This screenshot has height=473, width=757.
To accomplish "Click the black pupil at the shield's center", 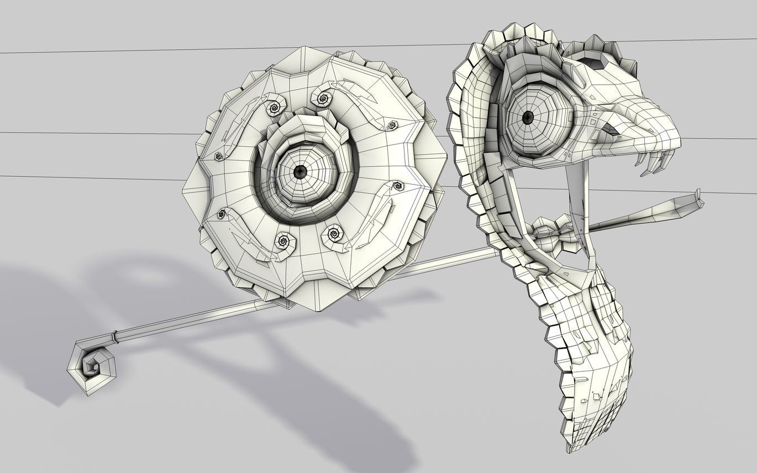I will click(300, 171).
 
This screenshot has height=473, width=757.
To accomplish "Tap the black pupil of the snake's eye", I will click(528, 117).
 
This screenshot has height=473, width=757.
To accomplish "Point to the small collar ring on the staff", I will click(114, 335).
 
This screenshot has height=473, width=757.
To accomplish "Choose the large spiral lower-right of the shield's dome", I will click(333, 234).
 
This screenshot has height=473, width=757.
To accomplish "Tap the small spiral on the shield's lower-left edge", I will click(222, 213).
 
